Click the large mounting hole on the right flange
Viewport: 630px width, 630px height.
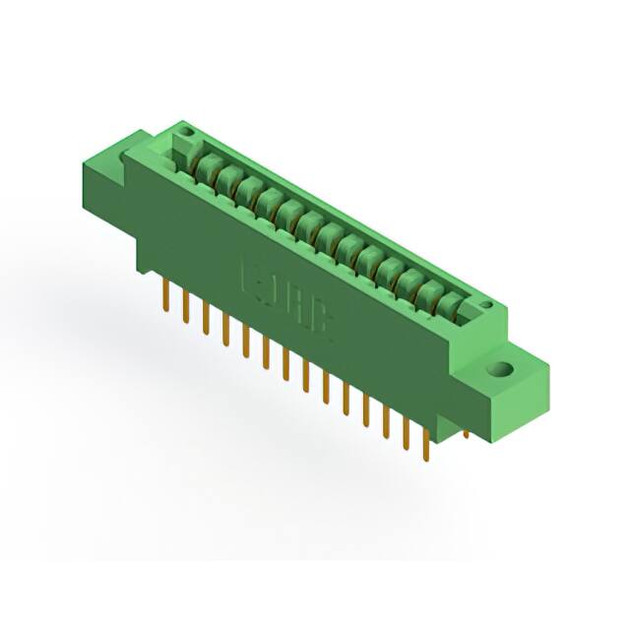[502, 371]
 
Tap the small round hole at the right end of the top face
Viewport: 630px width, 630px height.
[486, 306]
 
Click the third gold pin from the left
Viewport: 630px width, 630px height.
[205, 317]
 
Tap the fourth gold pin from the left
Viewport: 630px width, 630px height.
[225, 328]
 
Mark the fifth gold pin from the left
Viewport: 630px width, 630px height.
[245, 340]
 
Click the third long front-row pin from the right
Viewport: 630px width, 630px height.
[386, 421]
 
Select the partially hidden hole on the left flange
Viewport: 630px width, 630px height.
[127, 156]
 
